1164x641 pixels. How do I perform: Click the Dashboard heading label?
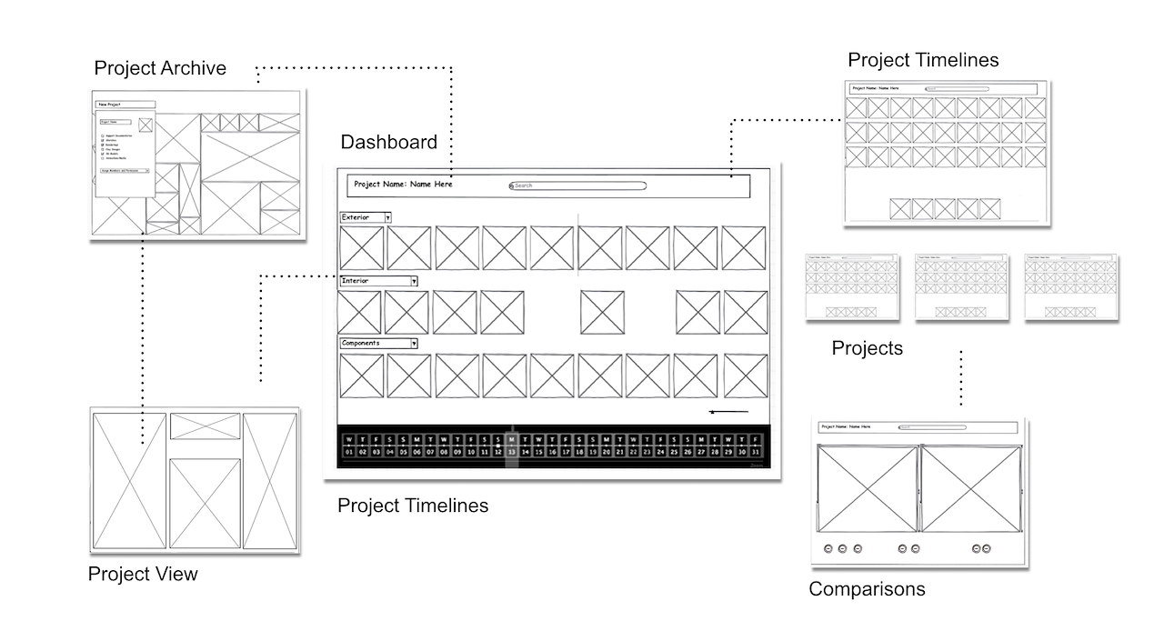(x=388, y=142)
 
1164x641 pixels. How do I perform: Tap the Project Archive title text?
(x=160, y=68)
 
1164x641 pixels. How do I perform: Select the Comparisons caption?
(x=867, y=589)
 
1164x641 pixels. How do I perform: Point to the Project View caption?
(x=143, y=574)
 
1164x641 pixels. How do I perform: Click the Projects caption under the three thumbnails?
(x=868, y=348)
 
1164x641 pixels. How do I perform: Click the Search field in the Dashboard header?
(x=578, y=185)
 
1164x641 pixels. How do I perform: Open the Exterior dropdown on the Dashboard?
(x=387, y=218)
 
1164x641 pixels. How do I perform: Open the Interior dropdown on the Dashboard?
(x=413, y=282)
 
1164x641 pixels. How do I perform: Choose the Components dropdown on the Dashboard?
(x=413, y=344)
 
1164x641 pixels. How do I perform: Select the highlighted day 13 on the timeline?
(x=512, y=451)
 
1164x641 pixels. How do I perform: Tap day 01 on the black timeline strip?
(x=348, y=451)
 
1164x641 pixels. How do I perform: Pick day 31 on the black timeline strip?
(x=756, y=451)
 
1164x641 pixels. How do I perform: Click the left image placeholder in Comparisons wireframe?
(x=868, y=489)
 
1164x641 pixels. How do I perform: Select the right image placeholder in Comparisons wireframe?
(x=970, y=489)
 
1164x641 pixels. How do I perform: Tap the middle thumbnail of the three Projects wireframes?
(x=961, y=287)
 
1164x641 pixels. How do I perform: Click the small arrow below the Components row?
(x=728, y=413)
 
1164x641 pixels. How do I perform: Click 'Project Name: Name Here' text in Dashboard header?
(x=403, y=185)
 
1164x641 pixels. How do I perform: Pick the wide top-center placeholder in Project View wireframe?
(x=205, y=426)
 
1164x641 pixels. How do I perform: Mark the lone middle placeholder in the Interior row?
(x=602, y=312)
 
